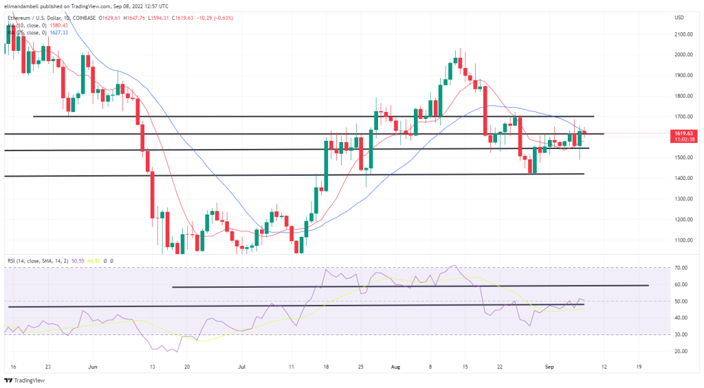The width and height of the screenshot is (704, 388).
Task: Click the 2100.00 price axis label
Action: [x=683, y=34]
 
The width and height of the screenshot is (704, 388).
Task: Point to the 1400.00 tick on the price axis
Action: [x=683, y=179]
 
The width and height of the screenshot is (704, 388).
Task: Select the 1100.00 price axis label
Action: [x=683, y=240]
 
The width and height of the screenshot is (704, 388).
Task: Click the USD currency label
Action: [x=679, y=17]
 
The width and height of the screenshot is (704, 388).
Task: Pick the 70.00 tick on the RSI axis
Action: [x=680, y=268]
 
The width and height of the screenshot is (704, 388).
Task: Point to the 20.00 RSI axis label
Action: [x=680, y=351]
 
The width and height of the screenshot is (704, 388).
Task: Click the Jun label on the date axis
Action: [x=93, y=367]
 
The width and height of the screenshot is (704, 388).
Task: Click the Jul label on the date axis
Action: [x=243, y=367]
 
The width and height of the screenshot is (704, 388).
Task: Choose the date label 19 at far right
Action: [x=639, y=367]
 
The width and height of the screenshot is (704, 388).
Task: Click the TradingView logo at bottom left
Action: [x=27, y=380]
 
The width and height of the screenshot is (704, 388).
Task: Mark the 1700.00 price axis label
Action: [x=683, y=117]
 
